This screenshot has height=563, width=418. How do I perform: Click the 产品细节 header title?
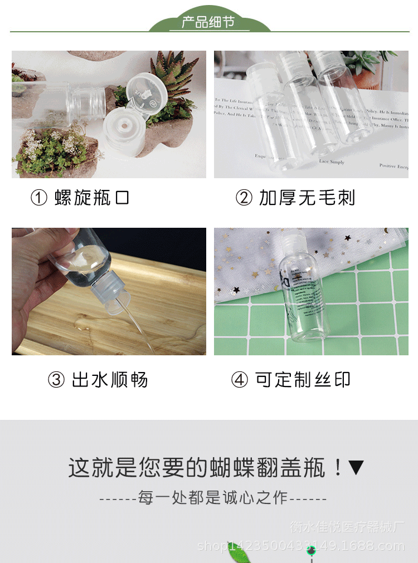pyautogui.click(x=208, y=23)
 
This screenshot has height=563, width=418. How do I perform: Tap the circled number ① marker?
pyautogui.click(x=38, y=198)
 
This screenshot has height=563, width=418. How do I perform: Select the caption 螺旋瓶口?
pyautogui.click(x=93, y=198)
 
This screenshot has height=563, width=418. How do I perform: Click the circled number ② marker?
pyautogui.click(x=244, y=198)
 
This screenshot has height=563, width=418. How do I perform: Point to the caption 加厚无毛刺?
pyautogui.click(x=307, y=198)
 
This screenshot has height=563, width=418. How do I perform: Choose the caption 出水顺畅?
pyautogui.click(x=110, y=380)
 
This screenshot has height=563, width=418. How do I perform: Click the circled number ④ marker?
pyautogui.click(x=239, y=380)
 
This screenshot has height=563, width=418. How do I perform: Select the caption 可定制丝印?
pyautogui.click(x=303, y=380)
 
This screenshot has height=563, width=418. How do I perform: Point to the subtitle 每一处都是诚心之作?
pyautogui.click(x=213, y=498)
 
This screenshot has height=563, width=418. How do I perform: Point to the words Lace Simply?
pyautogui.click(x=331, y=161)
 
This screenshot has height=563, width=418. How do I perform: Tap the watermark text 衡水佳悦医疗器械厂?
pyautogui.click(x=344, y=527)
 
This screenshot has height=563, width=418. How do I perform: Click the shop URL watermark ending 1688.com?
pyautogui.click(x=301, y=546)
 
